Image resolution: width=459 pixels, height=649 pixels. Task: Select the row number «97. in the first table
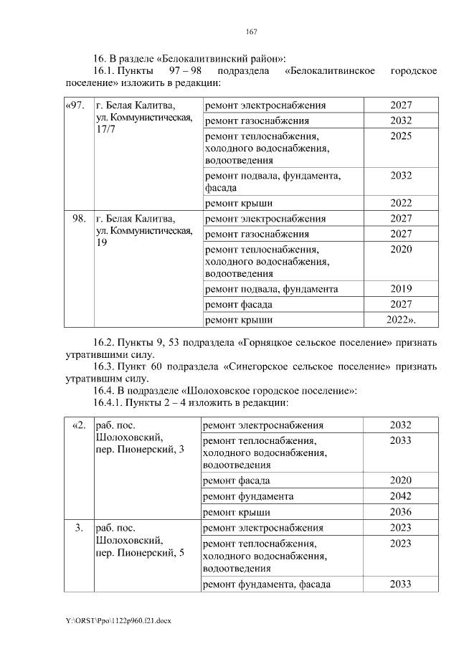click(x=75, y=106)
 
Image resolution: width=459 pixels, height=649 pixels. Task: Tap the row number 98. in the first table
click(x=79, y=219)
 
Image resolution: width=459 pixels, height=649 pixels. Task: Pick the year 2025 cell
click(x=401, y=136)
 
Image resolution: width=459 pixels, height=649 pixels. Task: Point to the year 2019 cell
click(x=401, y=289)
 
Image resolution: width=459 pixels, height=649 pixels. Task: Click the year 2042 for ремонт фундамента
click(x=400, y=496)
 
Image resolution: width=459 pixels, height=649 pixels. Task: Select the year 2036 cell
click(x=400, y=512)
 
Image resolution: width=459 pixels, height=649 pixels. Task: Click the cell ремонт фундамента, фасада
click(x=268, y=584)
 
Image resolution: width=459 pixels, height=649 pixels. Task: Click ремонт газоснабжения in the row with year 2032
click(x=257, y=120)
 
